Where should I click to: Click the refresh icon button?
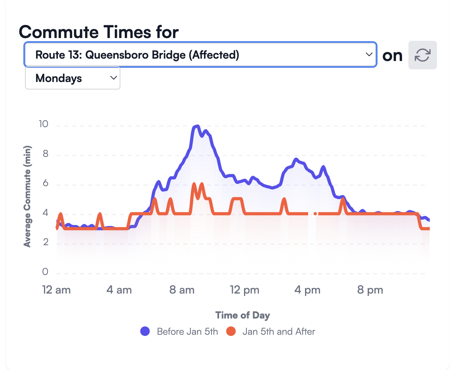point(422,55)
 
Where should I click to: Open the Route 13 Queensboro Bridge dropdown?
point(200,55)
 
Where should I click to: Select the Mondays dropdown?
point(72,78)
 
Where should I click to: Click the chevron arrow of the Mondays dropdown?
point(113,78)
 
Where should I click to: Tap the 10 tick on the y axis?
point(43,124)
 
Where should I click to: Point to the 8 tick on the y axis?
point(45,154)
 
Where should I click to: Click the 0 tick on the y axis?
point(45,272)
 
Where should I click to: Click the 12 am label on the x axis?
point(57,290)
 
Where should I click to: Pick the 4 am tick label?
point(119,290)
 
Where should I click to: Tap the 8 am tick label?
point(182,290)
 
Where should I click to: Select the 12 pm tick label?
point(245,290)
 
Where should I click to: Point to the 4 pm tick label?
point(307,290)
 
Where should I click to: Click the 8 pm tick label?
point(370,290)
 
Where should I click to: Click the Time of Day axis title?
point(242,315)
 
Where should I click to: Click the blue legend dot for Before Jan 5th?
point(145,331)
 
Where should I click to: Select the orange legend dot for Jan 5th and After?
point(231,331)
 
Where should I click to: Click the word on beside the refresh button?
point(392,55)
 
